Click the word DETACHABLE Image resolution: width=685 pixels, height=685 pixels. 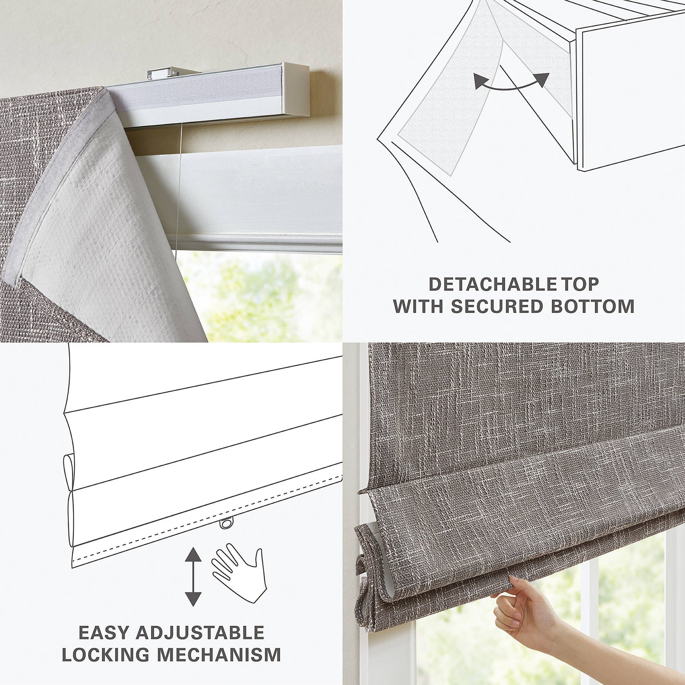coord(492,284)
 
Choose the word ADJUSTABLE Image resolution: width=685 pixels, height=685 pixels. coord(200,633)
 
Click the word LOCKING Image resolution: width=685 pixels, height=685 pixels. coord(105,655)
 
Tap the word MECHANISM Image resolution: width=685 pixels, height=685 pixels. coord(219,655)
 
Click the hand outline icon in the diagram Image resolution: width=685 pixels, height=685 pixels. coord(238,571)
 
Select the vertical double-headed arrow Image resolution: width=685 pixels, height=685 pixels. coord(192,575)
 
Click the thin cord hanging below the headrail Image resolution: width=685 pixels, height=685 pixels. coord(178,190)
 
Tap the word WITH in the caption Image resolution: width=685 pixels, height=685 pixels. coord(418,306)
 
